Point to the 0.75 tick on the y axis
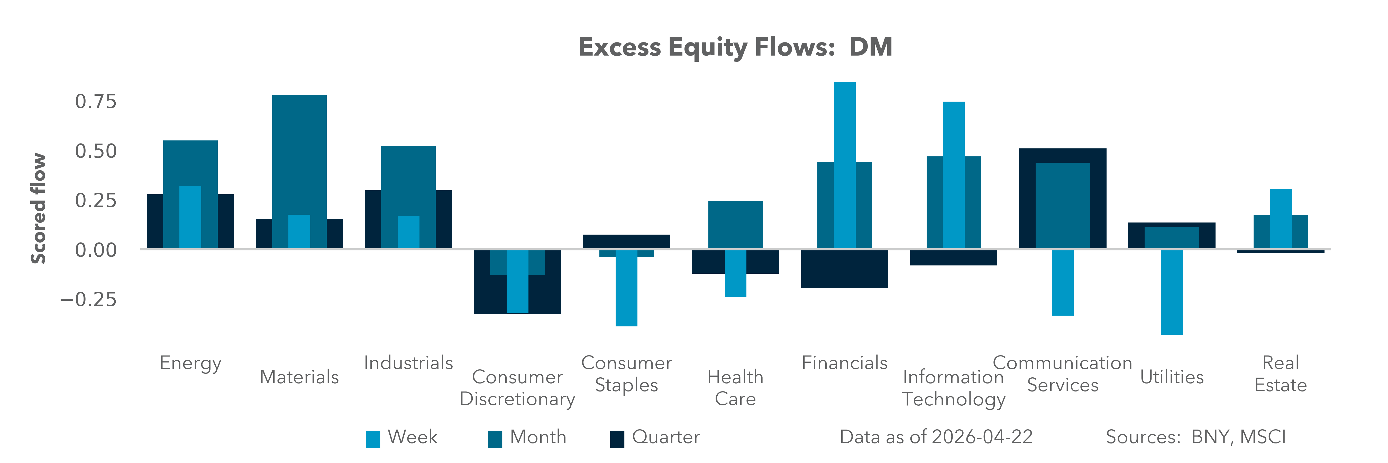pos(95,101)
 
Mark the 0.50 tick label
pos(95,151)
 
